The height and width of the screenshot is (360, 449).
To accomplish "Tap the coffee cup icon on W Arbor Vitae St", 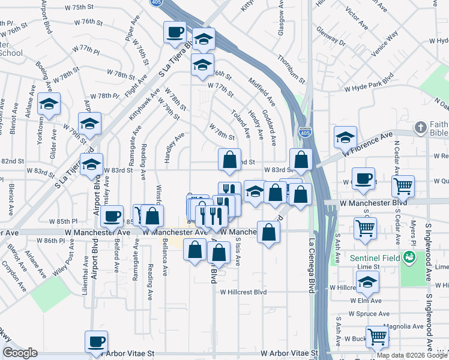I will [x=96, y=341].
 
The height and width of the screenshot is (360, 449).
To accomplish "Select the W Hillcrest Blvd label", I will [x=243, y=292].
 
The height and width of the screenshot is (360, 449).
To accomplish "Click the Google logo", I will [x=20, y=353].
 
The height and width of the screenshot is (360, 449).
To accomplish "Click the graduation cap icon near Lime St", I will [x=367, y=281].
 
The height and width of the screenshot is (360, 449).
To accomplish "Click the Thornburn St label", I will [x=292, y=70].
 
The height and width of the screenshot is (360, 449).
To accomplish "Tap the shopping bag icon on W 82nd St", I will [x=229, y=160].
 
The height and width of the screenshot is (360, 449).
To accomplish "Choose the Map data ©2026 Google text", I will [x=411, y=355].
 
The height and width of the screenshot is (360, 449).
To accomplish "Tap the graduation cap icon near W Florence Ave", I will [x=345, y=137].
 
